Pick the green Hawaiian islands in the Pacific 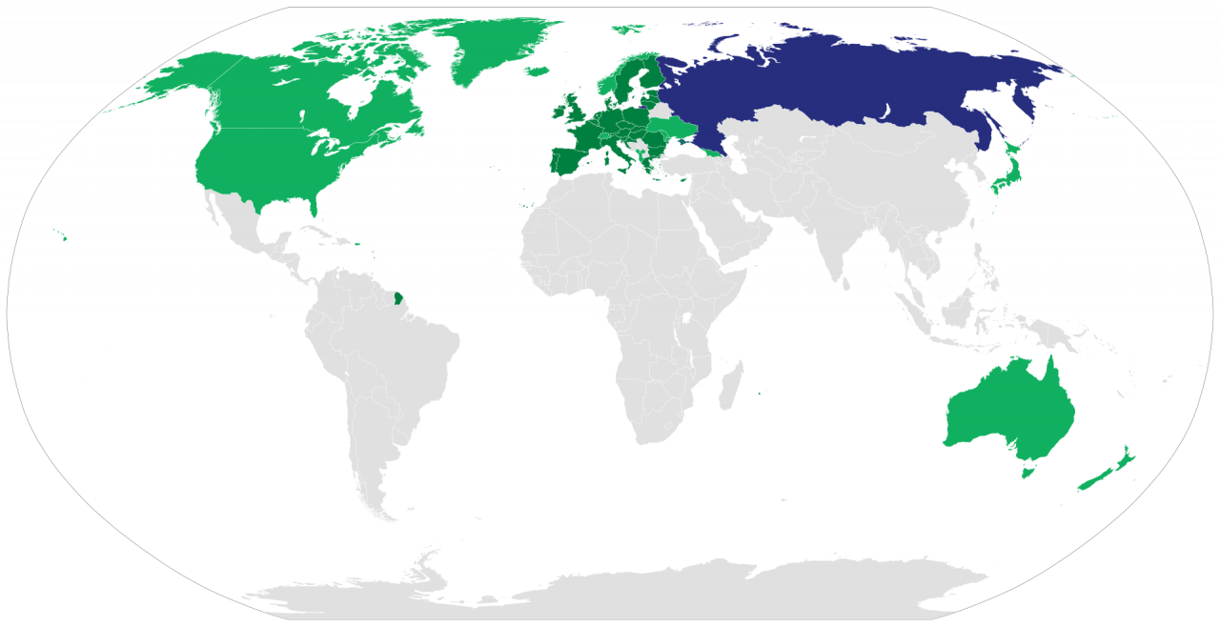(62, 236)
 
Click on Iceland (539, 70)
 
